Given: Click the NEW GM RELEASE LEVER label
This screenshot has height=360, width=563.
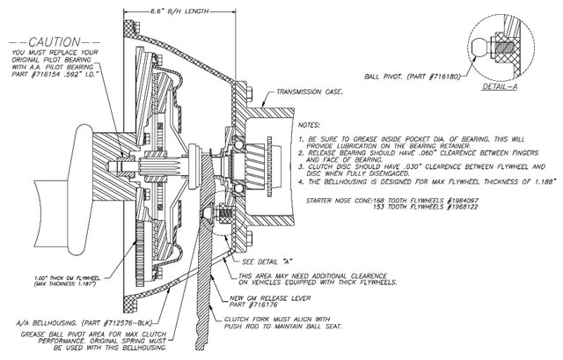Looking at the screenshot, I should coord(264,300).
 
